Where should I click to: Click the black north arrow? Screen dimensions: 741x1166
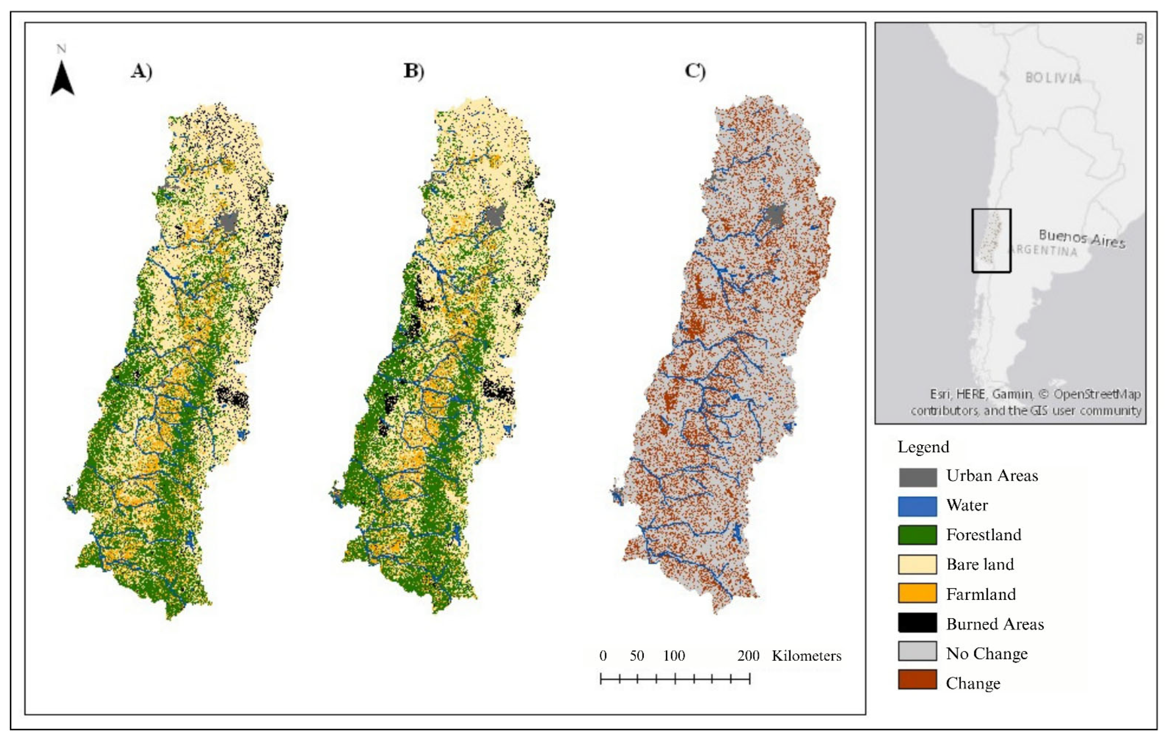point(63,79)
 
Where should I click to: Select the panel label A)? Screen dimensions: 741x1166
point(141,72)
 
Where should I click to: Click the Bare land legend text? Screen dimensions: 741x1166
point(980,564)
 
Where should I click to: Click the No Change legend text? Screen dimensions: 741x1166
point(987,654)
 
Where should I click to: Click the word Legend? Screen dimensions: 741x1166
point(923,447)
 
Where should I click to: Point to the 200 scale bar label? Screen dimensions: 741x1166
point(748,656)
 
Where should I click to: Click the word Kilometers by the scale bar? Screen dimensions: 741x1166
point(806,656)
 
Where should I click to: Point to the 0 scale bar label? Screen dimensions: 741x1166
point(603,656)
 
